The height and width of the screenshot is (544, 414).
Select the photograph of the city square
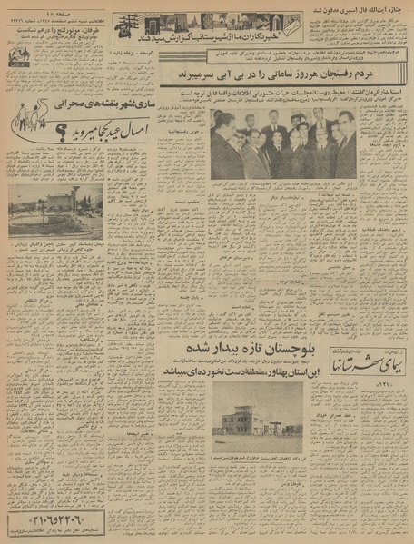coord(55,210)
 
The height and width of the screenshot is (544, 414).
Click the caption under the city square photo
coord(55,247)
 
